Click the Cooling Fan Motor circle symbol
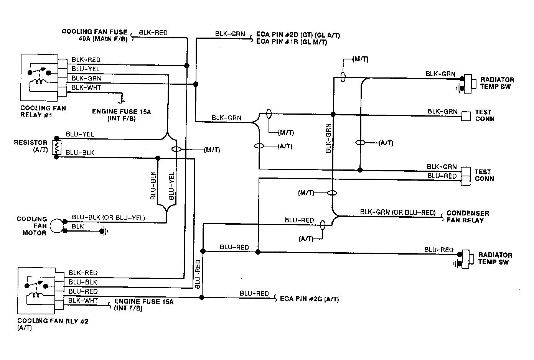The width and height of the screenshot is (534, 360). [57, 226]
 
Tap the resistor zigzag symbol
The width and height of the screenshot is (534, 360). [56, 148]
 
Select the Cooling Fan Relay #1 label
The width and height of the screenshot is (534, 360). [43, 112]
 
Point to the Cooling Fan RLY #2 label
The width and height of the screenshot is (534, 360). [53, 324]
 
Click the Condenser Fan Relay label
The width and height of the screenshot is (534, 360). [468, 217]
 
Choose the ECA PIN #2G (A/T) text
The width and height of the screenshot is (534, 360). [309, 299]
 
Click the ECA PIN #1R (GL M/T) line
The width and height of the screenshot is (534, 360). [291, 42]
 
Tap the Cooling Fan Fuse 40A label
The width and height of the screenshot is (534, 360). [95, 35]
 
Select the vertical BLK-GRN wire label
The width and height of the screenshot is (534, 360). [328, 138]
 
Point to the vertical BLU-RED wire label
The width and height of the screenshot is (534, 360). [198, 274]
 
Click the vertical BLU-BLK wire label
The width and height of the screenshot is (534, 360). [153, 185]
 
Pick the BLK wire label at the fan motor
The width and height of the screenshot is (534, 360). [78, 226]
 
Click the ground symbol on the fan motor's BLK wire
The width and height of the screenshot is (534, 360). [104, 231]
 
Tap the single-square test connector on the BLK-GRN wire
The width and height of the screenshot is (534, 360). [466, 116]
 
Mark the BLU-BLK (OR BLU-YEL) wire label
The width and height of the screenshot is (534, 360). [109, 217]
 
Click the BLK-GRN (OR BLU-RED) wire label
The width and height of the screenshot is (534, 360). [398, 212]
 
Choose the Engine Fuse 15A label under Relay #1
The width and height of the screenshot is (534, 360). [122, 115]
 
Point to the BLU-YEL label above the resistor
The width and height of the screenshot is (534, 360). [80, 134]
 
